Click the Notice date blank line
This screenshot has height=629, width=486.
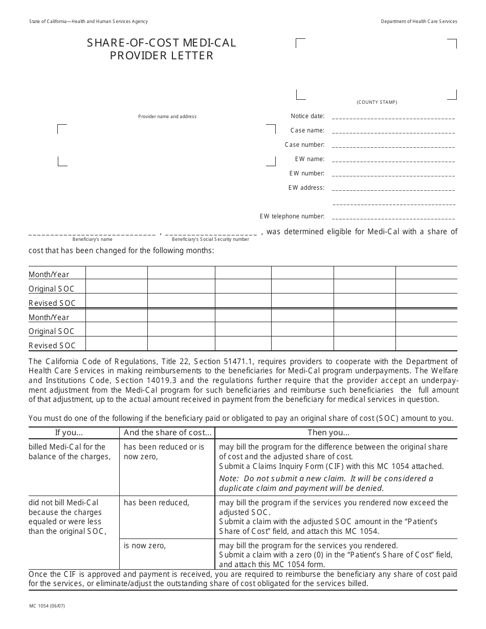(393, 117)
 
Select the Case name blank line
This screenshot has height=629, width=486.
(393, 131)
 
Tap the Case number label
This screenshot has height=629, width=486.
(304, 145)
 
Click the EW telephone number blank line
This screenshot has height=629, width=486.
(393, 217)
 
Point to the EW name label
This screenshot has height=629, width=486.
(310, 159)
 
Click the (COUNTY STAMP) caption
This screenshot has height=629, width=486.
(377, 102)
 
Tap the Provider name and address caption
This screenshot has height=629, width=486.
(167, 117)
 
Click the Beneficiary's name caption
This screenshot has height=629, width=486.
(92, 239)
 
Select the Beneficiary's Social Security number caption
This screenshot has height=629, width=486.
(210, 239)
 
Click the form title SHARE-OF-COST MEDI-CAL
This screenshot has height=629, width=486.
(162, 43)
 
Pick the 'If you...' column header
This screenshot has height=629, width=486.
(69, 433)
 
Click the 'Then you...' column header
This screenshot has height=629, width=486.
(328, 433)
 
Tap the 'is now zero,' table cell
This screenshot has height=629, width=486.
(145, 546)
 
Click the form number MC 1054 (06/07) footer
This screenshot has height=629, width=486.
(47, 606)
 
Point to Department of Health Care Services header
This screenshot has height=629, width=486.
(419, 21)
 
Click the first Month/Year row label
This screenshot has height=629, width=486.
(49, 275)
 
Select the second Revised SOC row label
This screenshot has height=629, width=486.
(52, 346)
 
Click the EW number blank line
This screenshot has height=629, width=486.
(393, 174)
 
